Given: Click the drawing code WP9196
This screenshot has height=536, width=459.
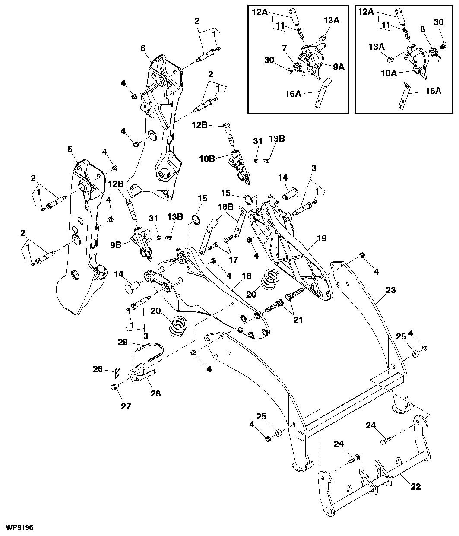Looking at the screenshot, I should tap(19, 527).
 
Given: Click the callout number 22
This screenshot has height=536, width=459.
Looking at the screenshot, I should tap(415, 486).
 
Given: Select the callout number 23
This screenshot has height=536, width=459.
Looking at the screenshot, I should tap(390, 291).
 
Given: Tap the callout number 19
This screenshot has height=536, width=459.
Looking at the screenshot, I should tap(322, 238).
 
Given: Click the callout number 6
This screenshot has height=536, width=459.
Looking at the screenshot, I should tap(143, 48).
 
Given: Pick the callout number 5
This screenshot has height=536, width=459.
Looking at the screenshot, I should tap(70, 149).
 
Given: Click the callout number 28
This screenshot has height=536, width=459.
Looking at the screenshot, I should tap(155, 393).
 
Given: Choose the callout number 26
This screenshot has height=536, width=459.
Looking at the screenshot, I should tap(98, 369).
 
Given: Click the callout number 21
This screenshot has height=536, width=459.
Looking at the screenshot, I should tap(298, 320).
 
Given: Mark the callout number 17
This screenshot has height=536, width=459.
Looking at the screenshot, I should tap(233, 260).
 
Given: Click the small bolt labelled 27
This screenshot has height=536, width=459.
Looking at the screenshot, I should tap(114, 387).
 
